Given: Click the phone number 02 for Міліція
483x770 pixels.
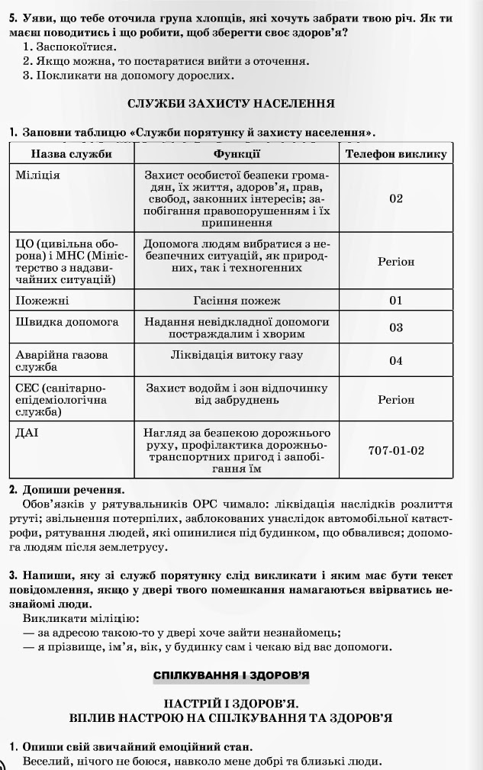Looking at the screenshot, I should click(395, 198).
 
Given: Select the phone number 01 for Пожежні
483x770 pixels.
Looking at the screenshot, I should click(395, 300).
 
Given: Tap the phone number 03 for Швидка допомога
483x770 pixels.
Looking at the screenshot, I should click(395, 327).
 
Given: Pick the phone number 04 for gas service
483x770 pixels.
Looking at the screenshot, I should click(395, 360).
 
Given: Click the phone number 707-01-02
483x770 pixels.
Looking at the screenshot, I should click(395, 450).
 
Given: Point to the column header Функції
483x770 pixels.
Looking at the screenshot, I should click(237, 154).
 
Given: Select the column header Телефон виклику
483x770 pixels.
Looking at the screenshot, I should click(395, 154).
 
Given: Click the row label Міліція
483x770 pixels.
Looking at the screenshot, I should click(37, 175).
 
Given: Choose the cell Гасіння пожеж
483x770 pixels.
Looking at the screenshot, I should click(237, 300).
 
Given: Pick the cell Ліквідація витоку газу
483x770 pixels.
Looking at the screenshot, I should click(237, 354).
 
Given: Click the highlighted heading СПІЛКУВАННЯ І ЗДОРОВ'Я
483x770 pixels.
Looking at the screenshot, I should click(231, 676).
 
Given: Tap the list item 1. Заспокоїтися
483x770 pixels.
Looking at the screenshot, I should click(69, 47).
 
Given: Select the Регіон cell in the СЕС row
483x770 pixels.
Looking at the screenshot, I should click(395, 399).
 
